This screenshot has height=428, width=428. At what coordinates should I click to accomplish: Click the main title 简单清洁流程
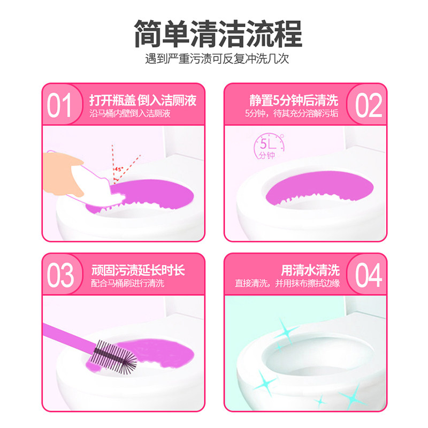click(214, 33)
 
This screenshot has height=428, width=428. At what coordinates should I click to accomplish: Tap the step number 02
click(368, 106)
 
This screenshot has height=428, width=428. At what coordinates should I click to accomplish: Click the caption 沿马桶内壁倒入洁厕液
click(130, 114)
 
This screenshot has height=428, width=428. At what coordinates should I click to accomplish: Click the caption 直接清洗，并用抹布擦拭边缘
click(287, 284)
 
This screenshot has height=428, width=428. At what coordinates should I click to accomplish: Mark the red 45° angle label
click(117, 170)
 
